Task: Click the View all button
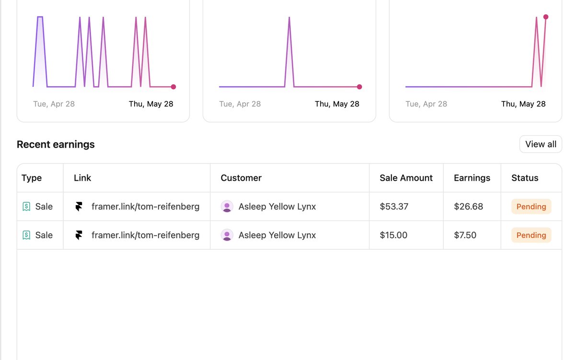point(540,144)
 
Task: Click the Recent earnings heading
point(56,144)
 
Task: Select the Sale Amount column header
point(406,178)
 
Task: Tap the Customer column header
point(241,178)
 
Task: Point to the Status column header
point(525,178)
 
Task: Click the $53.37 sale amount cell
point(394,207)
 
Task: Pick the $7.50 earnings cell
point(465,235)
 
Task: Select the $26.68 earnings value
point(469,207)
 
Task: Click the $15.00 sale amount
point(393,235)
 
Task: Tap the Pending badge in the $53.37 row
point(531,207)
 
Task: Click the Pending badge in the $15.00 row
point(531,235)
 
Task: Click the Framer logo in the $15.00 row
point(79,235)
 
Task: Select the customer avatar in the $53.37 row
point(227,207)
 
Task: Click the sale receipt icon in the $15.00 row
point(26,235)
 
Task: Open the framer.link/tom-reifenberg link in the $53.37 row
point(145,207)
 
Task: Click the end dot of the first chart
point(173,87)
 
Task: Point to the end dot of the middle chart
point(359,87)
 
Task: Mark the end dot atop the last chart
point(546,17)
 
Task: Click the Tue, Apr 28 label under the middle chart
point(240,104)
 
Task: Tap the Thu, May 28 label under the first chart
point(151,104)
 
